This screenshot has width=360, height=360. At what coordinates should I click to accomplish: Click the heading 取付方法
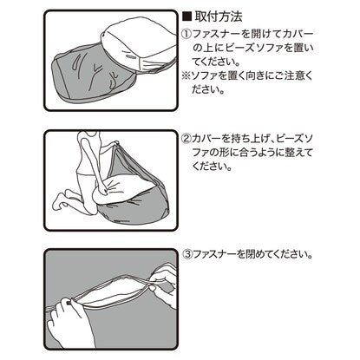[219, 16]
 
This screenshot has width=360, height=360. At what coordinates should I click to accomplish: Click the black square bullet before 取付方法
[187, 17]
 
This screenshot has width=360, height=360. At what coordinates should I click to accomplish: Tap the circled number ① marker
[187, 35]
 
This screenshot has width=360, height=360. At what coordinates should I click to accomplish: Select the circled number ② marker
[187, 140]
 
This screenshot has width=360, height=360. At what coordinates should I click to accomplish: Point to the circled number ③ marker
[188, 254]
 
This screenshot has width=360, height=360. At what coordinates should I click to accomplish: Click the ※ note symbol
[187, 76]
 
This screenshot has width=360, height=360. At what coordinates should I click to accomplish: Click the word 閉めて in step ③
[252, 254]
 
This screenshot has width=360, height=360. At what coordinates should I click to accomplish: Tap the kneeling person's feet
[63, 200]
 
